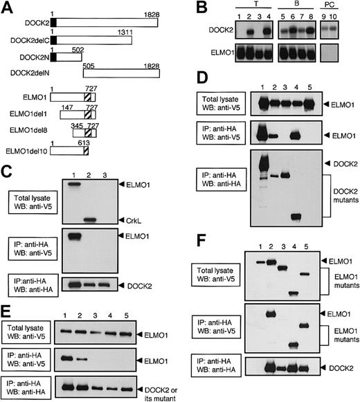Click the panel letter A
(7, 8)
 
